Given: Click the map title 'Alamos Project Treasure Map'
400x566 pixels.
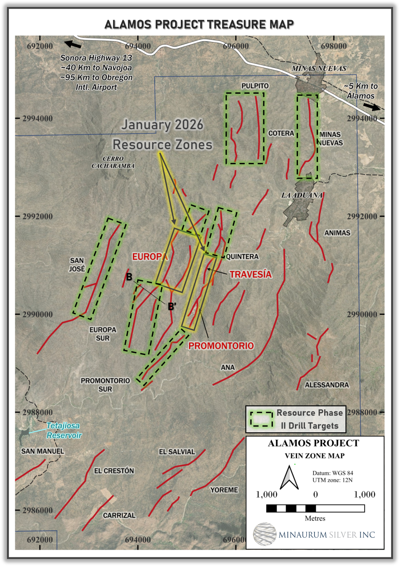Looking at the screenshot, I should click(x=199, y=25).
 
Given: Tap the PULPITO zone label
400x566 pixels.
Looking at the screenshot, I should click(x=255, y=86).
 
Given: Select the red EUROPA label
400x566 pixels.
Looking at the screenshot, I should click(x=150, y=257).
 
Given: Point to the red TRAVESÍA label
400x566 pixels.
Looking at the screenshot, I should click(x=250, y=274).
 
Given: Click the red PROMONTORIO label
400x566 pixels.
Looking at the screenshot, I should click(x=221, y=346).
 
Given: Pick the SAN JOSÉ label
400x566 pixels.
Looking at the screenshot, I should click(x=77, y=265).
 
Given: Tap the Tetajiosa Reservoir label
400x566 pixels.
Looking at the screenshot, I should click(x=63, y=431).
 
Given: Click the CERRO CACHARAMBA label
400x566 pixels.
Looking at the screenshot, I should click(x=113, y=162).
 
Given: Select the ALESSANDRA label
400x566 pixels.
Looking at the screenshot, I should click(x=327, y=385).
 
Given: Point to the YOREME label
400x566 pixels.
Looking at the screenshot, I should click(x=224, y=490).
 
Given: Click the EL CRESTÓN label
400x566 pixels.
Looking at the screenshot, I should click(x=114, y=471).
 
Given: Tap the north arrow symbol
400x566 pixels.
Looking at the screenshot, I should click(x=289, y=478).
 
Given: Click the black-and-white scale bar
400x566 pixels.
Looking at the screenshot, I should click(x=315, y=508).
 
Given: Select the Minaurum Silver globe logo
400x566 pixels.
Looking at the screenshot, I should click(x=265, y=534).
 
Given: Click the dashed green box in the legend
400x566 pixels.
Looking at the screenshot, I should click(x=261, y=419).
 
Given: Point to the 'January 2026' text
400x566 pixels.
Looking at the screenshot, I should click(x=162, y=125).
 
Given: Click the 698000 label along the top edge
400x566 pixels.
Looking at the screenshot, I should click(x=333, y=46).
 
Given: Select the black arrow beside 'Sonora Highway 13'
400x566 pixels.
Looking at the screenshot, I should click(x=73, y=44).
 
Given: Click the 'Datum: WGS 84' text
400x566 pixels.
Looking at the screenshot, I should click(x=332, y=473).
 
